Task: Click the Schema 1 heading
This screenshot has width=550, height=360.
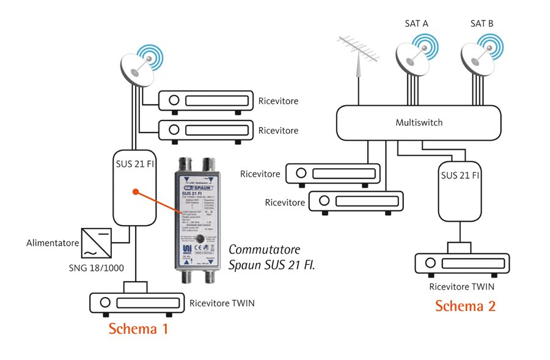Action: pyautogui.click(x=138, y=329)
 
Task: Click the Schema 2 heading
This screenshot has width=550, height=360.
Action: pyautogui.click(x=465, y=306)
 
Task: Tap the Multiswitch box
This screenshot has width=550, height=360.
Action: pyautogui.click(x=419, y=123)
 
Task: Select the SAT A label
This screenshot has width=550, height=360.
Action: pyautogui.click(x=416, y=24)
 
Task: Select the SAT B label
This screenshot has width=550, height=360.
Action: pyautogui.click(x=482, y=24)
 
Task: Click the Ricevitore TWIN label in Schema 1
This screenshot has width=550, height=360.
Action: pyautogui.click(x=222, y=303)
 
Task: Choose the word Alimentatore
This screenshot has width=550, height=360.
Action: pyautogui.click(x=52, y=243)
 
